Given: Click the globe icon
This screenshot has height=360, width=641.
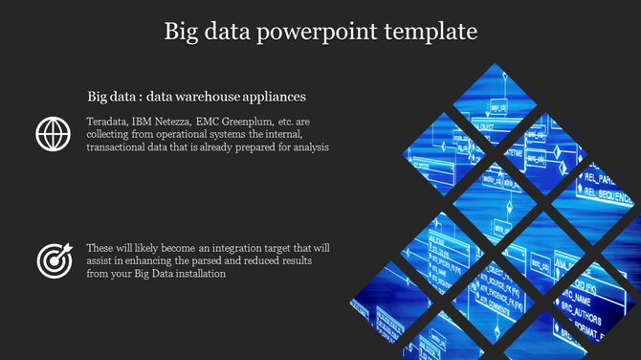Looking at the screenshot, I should pos(53,134).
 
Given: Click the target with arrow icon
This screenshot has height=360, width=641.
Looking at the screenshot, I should pos(53,259).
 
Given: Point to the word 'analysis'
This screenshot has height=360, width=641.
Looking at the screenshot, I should pos(309,147).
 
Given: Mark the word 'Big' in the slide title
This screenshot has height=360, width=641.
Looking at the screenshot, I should pos(182,32).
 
